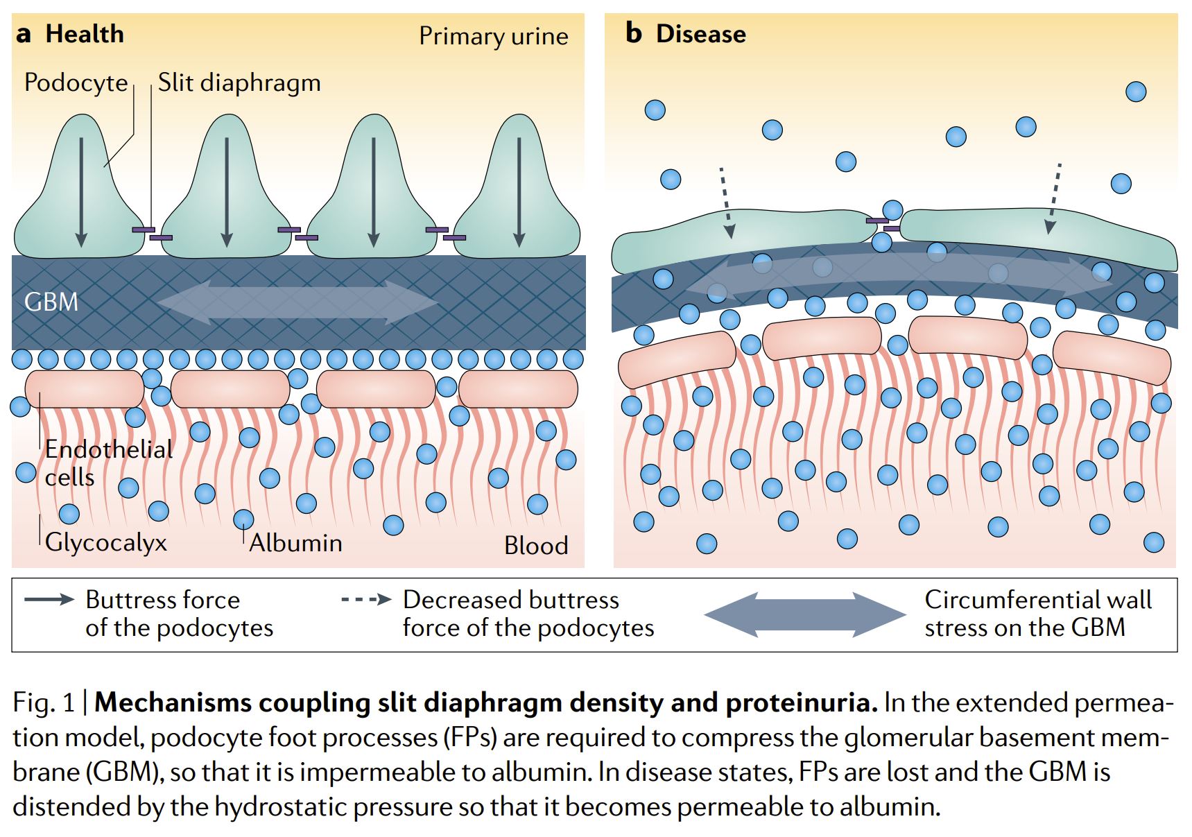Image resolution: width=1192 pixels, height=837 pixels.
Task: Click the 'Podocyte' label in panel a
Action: click(x=76, y=83)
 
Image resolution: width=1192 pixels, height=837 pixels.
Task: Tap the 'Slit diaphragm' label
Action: click(x=239, y=83)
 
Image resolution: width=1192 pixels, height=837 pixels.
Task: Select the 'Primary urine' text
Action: click(x=493, y=36)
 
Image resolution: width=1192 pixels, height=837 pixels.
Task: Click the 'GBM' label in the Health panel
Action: click(x=51, y=302)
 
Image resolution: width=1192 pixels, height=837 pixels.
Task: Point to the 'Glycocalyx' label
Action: click(x=106, y=542)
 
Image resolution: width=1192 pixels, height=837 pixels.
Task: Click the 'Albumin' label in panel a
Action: click(x=296, y=543)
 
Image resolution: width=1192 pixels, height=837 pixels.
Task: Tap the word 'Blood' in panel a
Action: click(x=536, y=545)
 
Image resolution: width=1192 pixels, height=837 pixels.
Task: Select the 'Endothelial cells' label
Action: click(x=108, y=463)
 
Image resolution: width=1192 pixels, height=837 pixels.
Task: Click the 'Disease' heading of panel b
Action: click(x=700, y=34)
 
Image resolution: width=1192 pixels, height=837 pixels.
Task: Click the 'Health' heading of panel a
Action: click(x=85, y=34)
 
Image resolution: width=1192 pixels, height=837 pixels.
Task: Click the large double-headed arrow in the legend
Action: click(x=804, y=614)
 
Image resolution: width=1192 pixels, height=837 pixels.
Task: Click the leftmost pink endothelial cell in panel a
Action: click(x=85, y=389)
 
